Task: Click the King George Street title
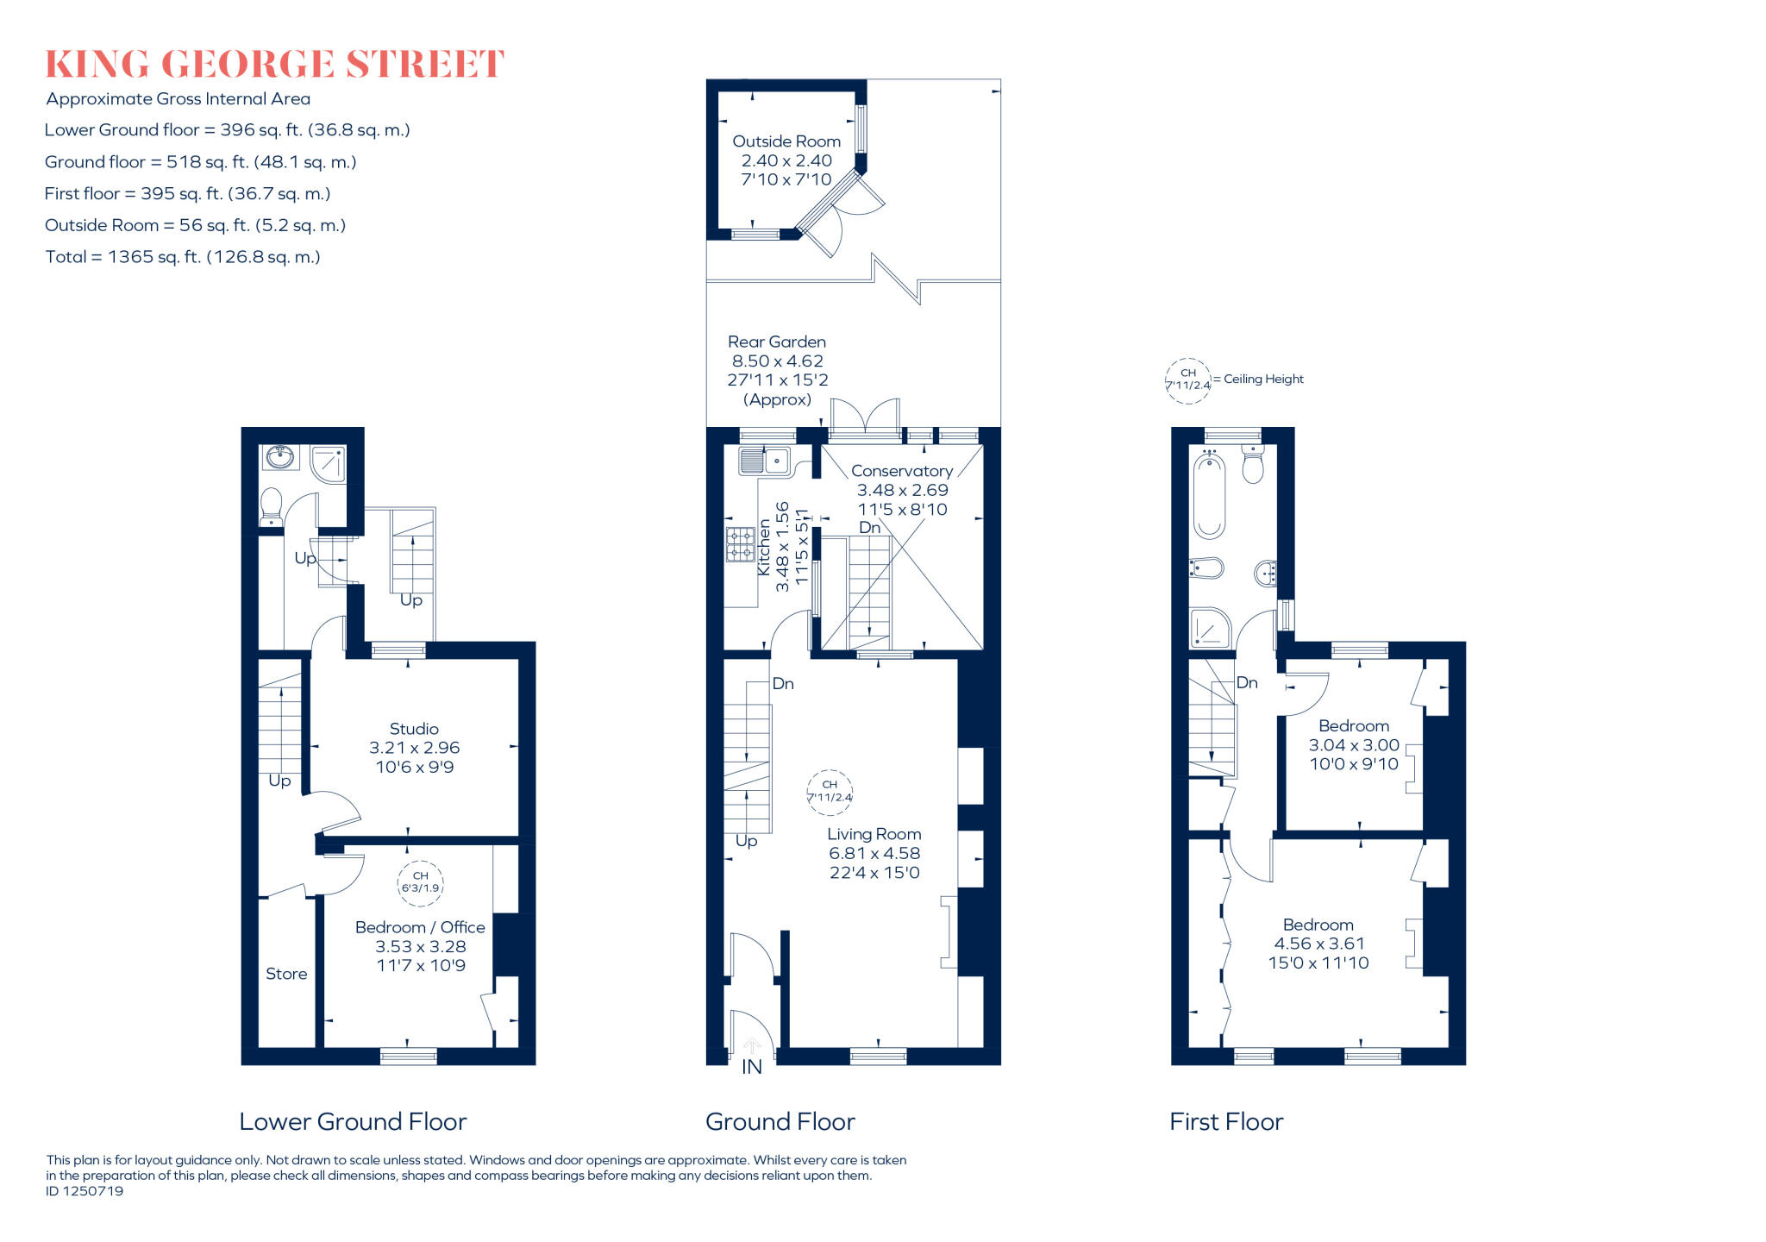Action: (274, 65)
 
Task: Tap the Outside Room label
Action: (786, 141)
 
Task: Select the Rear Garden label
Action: (776, 342)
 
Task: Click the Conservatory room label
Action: (901, 471)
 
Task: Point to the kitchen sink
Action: (764, 461)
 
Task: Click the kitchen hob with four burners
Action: (740, 545)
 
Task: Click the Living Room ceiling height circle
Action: (830, 792)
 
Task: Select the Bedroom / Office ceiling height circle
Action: (420, 882)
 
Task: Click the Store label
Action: (286, 974)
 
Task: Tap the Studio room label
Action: (414, 729)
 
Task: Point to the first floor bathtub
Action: (1209, 498)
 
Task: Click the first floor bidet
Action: (1206, 568)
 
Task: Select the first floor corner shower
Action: (1211, 628)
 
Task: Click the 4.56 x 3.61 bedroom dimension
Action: (1318, 944)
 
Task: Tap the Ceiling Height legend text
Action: (1263, 379)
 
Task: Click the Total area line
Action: (183, 257)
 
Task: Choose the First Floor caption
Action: (1225, 1122)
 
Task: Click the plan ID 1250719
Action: (85, 1191)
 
